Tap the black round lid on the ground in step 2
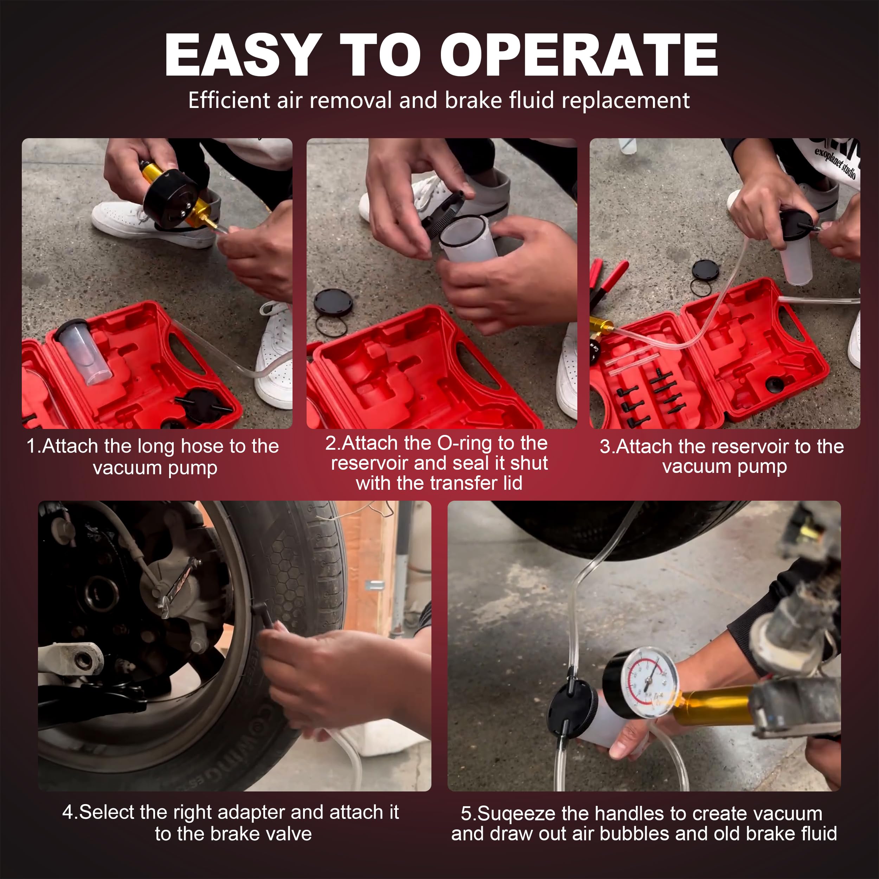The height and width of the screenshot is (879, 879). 333,301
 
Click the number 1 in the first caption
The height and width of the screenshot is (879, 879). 31,446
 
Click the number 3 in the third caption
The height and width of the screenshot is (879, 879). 605,446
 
